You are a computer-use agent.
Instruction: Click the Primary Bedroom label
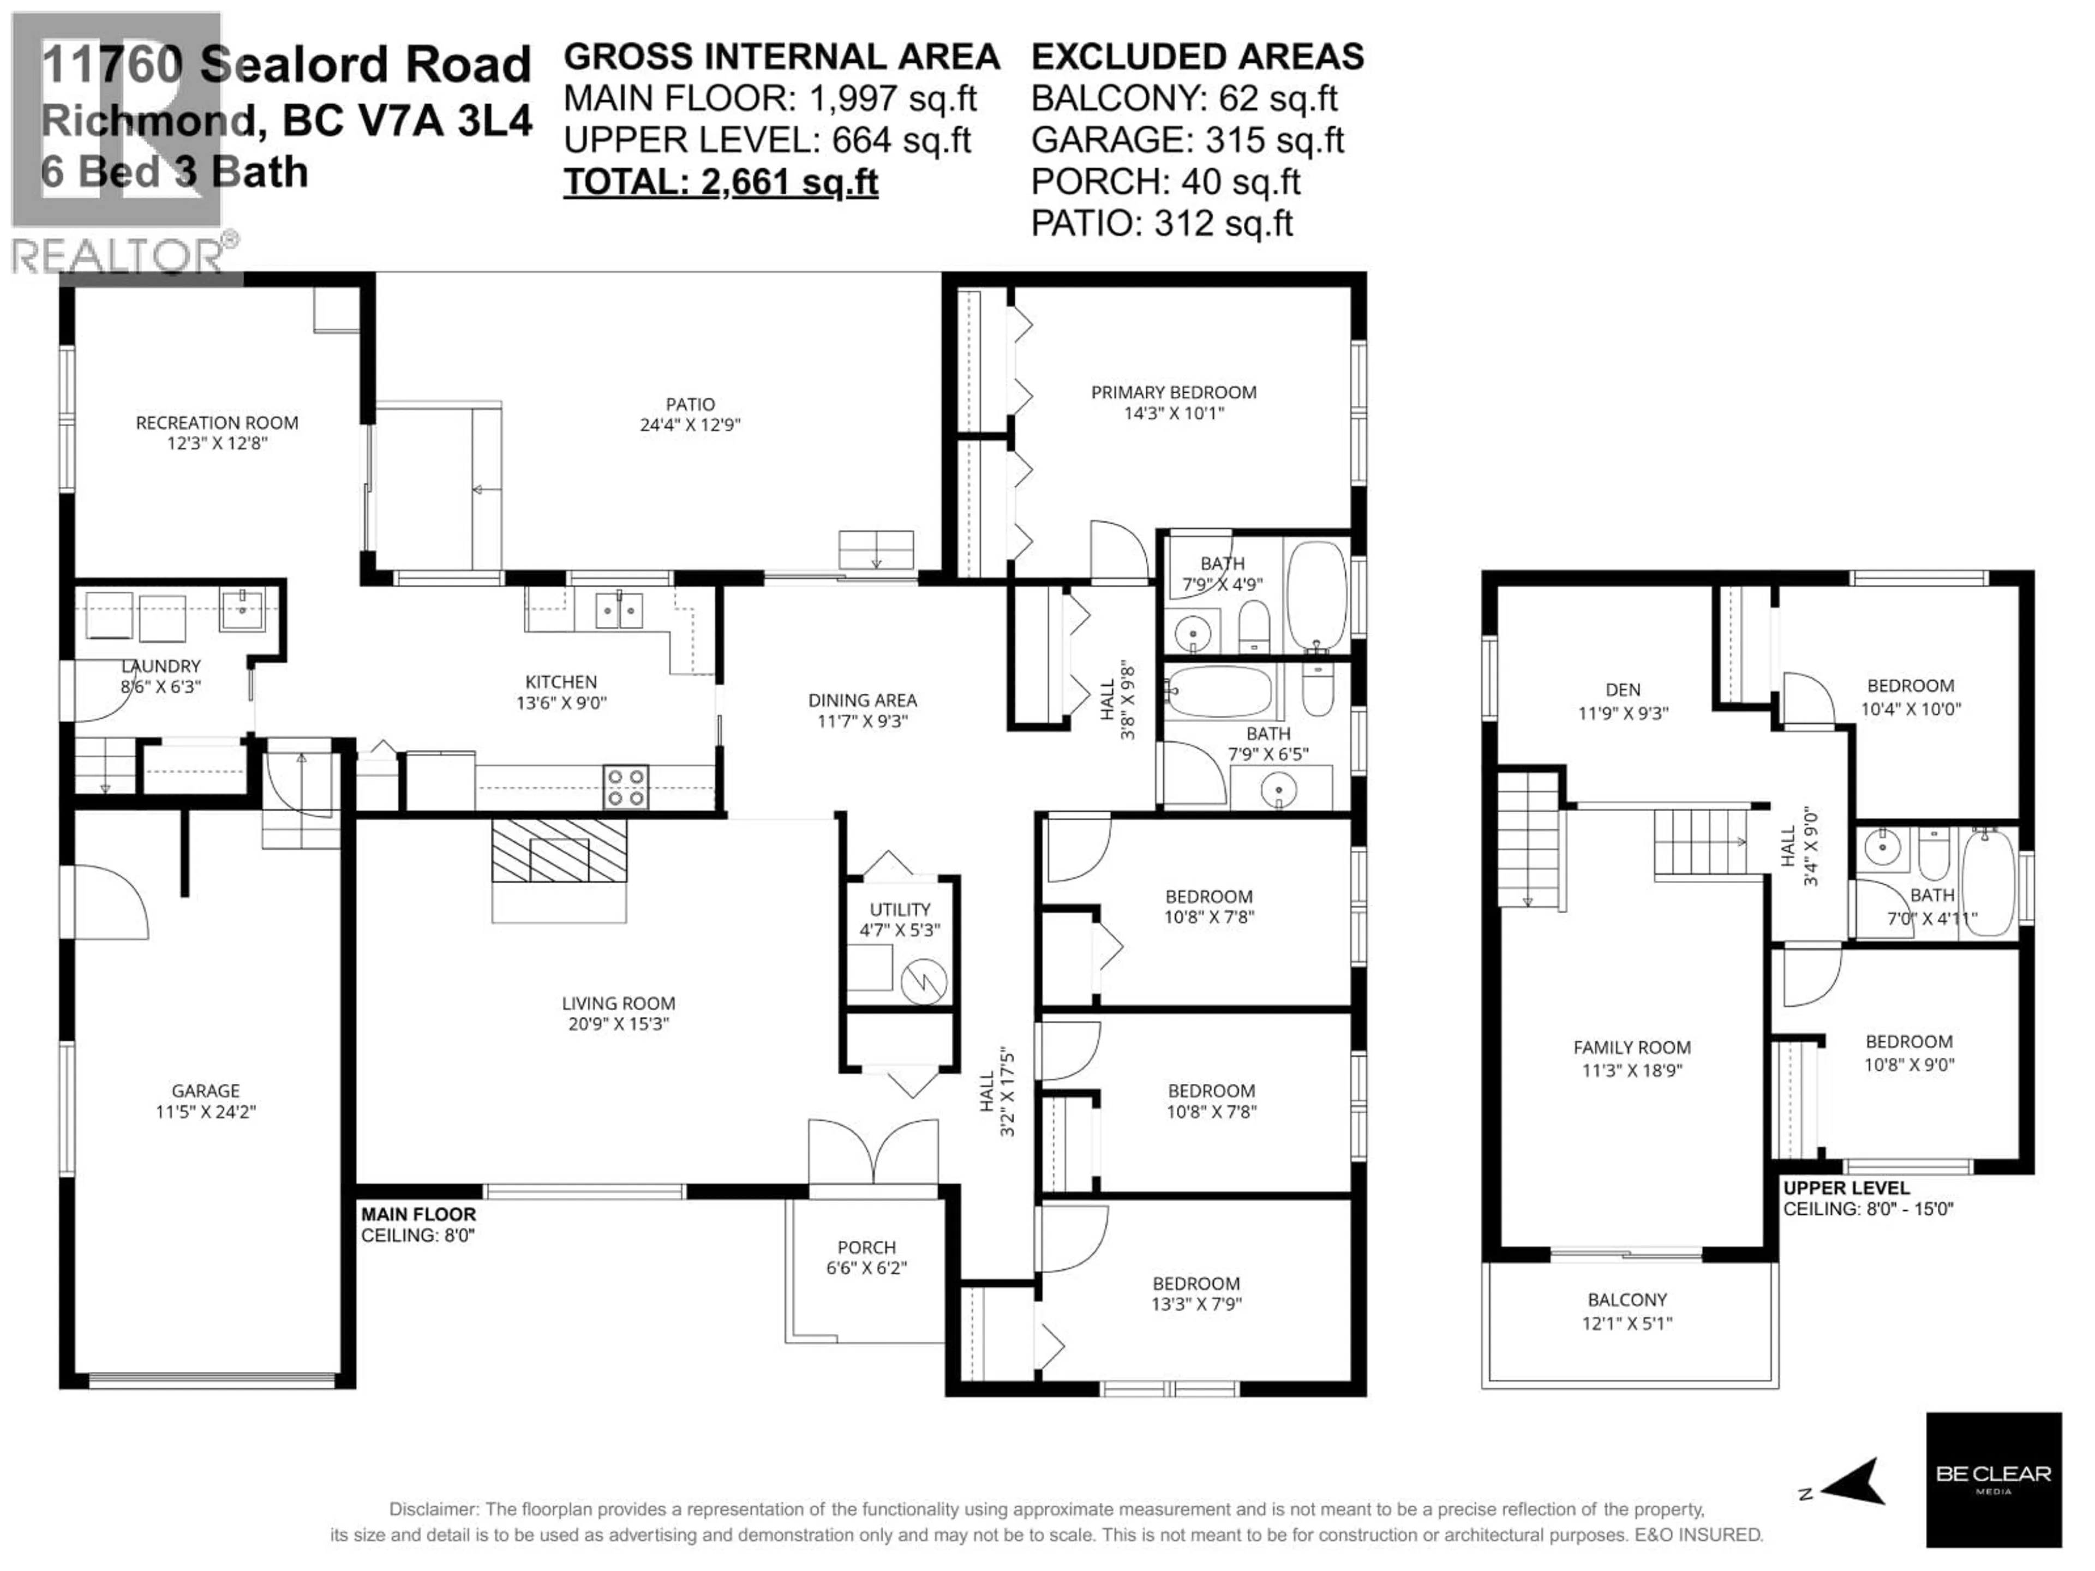pos(1174,392)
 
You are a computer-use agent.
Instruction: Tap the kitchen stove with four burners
pos(626,787)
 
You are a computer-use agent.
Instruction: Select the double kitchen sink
pos(619,611)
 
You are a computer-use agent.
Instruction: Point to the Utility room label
pos(900,909)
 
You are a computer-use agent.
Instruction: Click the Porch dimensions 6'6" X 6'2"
pos(866,1268)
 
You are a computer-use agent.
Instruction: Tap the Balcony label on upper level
pos(1627,1300)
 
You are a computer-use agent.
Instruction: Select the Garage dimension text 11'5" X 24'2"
pos(206,1112)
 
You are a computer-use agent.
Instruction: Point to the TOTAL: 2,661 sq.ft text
pos(721,182)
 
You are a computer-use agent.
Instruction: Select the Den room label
pos(1623,691)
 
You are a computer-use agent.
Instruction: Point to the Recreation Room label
pos(217,422)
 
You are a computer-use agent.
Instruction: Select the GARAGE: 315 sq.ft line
pos(1187,140)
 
